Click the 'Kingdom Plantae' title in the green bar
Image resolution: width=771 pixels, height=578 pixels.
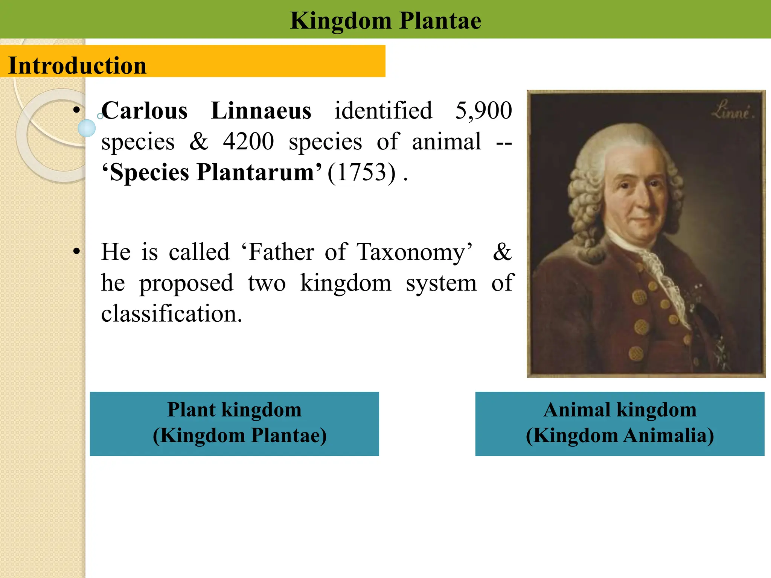(x=385, y=20)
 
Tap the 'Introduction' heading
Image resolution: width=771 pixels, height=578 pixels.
(x=77, y=65)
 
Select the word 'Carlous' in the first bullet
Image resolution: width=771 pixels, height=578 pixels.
(x=145, y=111)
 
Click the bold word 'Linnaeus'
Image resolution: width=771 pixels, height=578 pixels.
(x=261, y=111)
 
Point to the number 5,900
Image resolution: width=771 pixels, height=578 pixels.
(x=483, y=111)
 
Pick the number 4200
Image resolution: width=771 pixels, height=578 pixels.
(x=248, y=142)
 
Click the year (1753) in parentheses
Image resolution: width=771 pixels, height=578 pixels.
(x=361, y=173)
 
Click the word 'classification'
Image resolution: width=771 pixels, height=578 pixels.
(x=171, y=314)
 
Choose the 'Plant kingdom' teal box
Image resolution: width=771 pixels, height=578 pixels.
(x=234, y=423)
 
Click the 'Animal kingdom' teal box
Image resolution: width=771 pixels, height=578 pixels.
(x=620, y=423)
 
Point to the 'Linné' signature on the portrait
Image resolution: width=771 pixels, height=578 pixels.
(x=732, y=111)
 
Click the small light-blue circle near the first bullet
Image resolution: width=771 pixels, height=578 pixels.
(x=87, y=128)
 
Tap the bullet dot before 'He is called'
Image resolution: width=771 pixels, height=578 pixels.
(x=77, y=251)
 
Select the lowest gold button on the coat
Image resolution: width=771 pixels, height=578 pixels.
(x=636, y=354)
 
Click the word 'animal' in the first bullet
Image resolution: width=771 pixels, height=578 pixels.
(x=446, y=142)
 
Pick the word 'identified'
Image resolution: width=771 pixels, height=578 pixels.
(x=383, y=111)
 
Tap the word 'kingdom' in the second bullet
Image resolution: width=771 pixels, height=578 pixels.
(x=346, y=283)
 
